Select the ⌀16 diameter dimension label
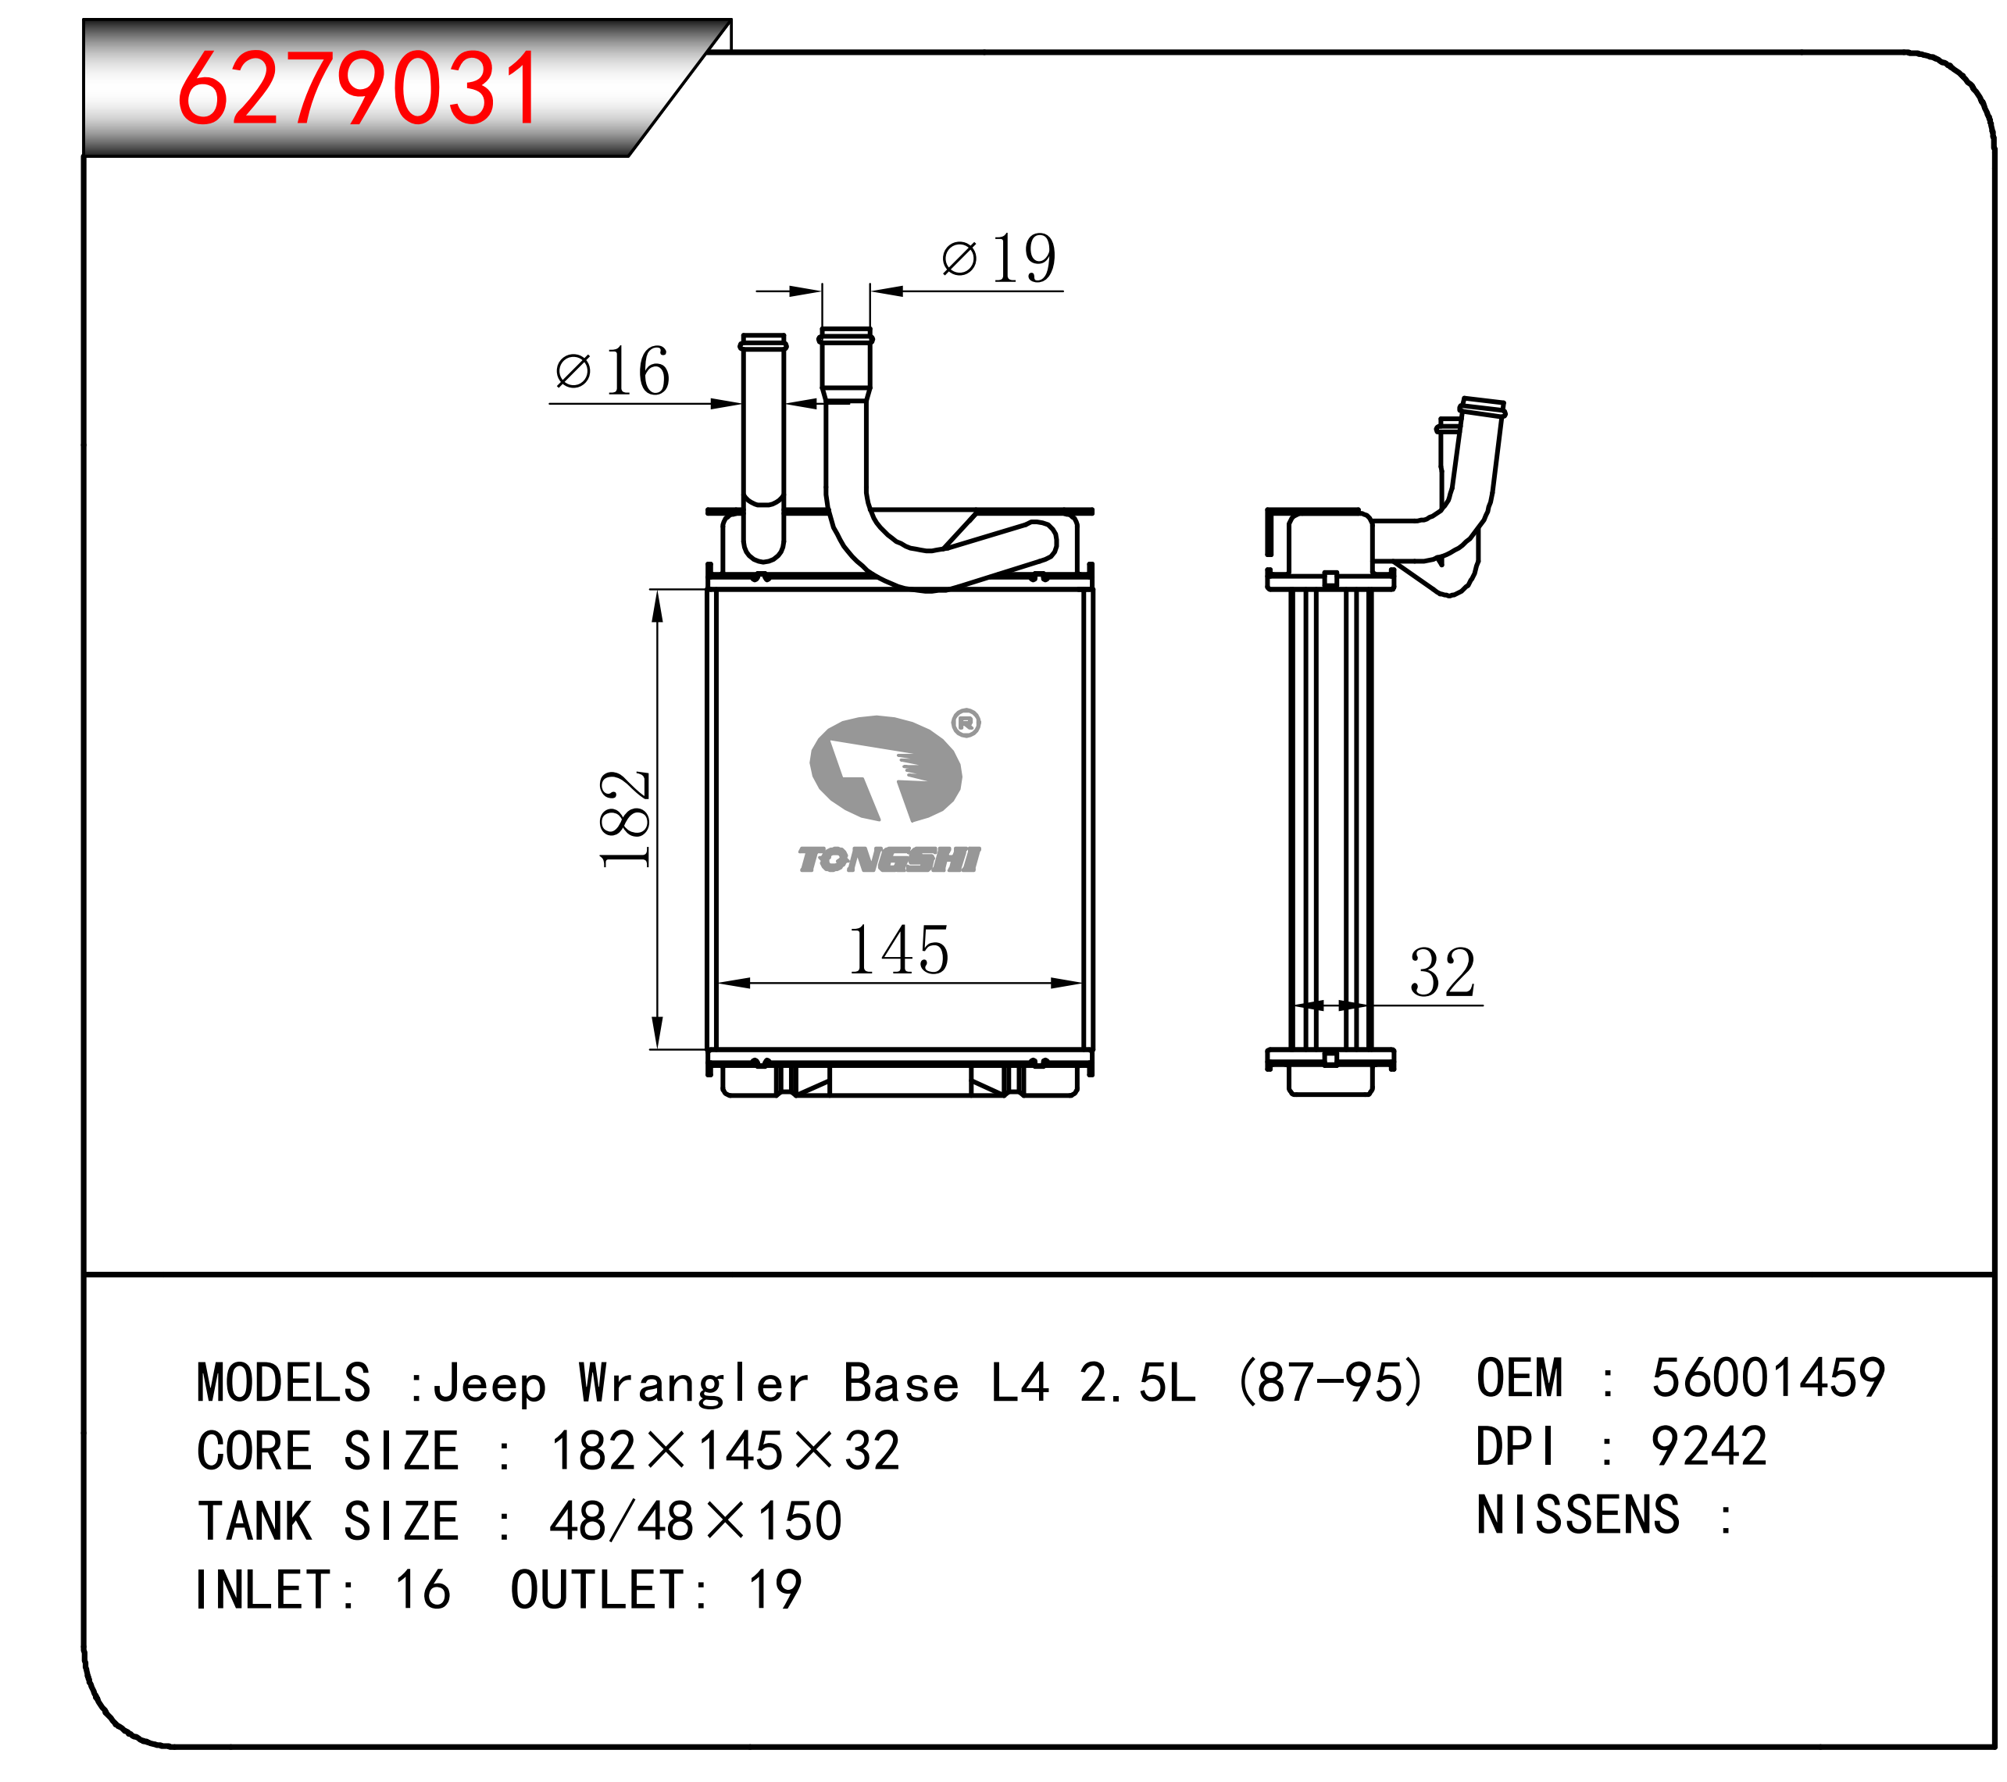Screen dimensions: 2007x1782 pyautogui.click(x=612, y=370)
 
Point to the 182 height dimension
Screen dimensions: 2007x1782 pyautogui.click(x=624, y=819)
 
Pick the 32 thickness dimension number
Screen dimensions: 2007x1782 pyautogui.click(x=1442, y=972)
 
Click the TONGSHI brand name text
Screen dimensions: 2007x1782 pyautogui.click(x=888, y=859)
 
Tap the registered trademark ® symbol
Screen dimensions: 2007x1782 pyautogui.click(x=966, y=723)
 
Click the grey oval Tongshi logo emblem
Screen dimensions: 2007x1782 pyautogui.click(x=884, y=768)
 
